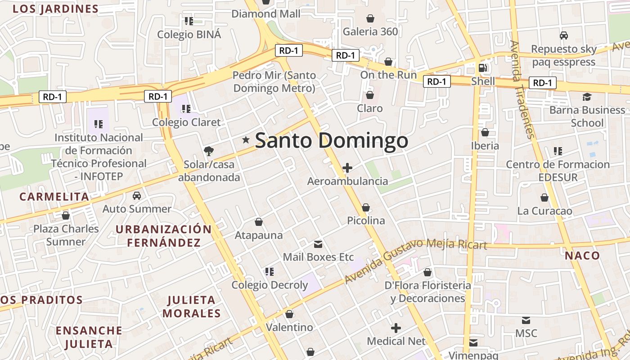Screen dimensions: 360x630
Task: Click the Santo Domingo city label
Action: point(332,141)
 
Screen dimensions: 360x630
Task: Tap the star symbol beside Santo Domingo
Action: point(246,140)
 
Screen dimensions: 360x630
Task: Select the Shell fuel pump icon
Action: point(482,68)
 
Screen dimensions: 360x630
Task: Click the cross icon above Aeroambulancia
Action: point(347,168)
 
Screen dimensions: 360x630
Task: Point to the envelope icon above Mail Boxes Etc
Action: point(318,244)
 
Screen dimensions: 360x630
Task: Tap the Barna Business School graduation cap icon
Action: point(587,97)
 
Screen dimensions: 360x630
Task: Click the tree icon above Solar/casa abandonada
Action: point(209,151)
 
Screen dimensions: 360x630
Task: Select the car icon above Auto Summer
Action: point(137,196)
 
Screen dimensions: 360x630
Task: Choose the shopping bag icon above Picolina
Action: point(366,207)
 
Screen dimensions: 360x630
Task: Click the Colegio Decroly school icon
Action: point(270,271)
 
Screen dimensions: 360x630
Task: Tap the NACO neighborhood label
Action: point(582,256)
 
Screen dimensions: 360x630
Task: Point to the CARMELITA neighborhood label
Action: point(54,197)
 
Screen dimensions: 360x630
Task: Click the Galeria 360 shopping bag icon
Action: point(370,18)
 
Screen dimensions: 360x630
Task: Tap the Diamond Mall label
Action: point(265,14)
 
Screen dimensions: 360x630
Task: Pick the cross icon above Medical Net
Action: point(396,328)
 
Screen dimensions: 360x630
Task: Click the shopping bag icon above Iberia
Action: point(485,132)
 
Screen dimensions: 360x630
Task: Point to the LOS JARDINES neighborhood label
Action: point(55,9)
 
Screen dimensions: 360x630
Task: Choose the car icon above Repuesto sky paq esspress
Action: point(563,35)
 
